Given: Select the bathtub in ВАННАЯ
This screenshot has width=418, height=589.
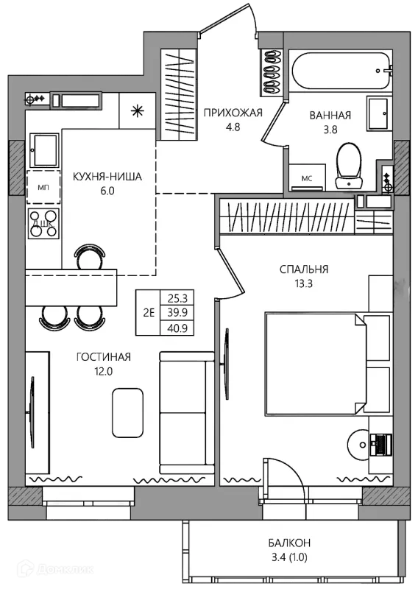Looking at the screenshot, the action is coord(340,71).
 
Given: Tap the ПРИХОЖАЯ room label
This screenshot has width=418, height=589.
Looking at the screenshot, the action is coord(233,113).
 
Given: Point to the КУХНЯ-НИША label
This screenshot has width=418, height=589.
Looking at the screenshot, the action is coord(107,177).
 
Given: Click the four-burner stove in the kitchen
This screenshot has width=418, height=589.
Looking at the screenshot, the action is coord(43,224).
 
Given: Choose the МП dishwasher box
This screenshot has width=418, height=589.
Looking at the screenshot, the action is coord(43,187).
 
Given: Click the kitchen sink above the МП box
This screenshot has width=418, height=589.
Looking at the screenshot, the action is coord(44,150).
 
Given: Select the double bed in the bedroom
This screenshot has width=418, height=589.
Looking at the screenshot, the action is coord(316,364).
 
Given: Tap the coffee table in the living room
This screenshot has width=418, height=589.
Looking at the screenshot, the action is coord(128,411).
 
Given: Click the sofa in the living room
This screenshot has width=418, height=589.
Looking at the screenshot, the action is coord(187,412).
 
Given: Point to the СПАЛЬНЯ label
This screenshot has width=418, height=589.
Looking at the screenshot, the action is coord(304,269).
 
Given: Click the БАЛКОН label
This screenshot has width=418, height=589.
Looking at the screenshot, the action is coord(289,543).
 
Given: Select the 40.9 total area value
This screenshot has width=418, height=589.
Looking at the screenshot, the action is coord(177,328).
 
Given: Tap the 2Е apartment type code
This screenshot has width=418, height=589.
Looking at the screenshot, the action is coord(149,312).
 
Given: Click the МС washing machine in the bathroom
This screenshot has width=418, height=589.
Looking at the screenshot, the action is coord(307,177).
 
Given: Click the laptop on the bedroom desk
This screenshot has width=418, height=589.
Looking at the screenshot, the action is coord(380,445).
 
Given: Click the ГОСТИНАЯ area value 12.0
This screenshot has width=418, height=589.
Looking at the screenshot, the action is coord(104,372).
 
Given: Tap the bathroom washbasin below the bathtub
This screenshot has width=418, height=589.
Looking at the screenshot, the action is coord(380,113).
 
